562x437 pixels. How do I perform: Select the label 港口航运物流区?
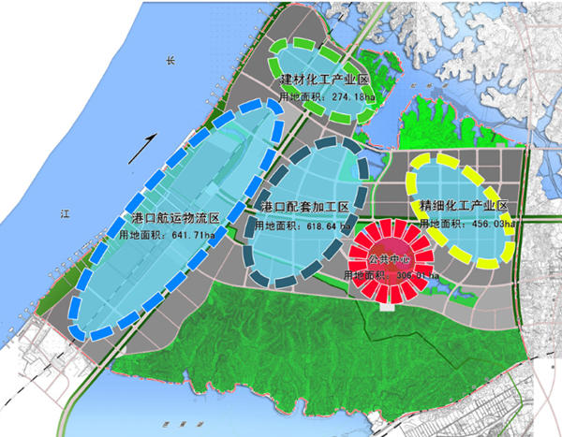click(x=175, y=218)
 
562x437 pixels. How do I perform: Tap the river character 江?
click(x=65, y=214)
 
